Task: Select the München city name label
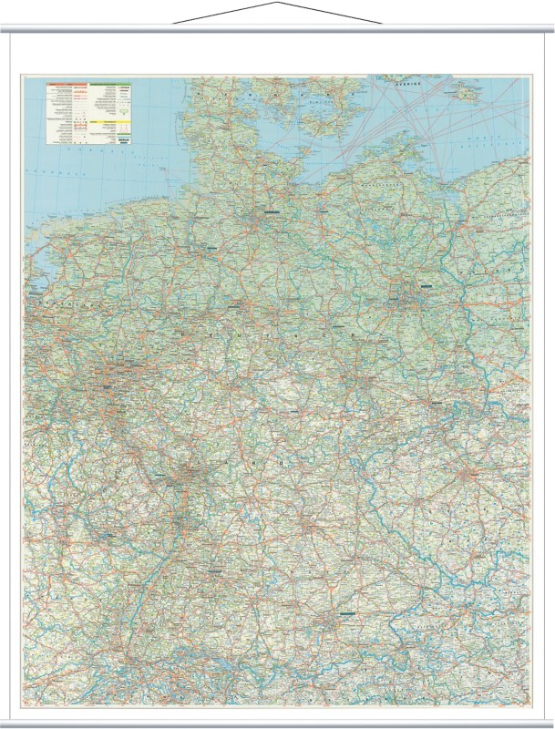coord(346,615)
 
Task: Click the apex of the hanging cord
coord(277,4)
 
